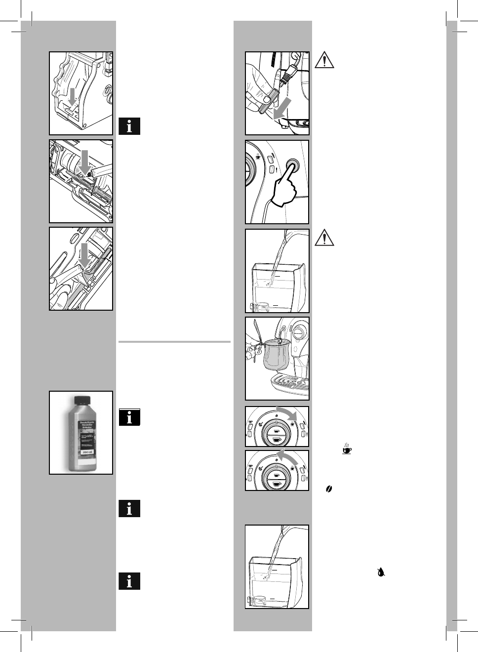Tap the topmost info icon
(129, 126)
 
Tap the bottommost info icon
(129, 581)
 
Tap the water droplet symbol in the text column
(380, 572)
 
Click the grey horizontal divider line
(174, 341)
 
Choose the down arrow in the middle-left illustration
(85, 163)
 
